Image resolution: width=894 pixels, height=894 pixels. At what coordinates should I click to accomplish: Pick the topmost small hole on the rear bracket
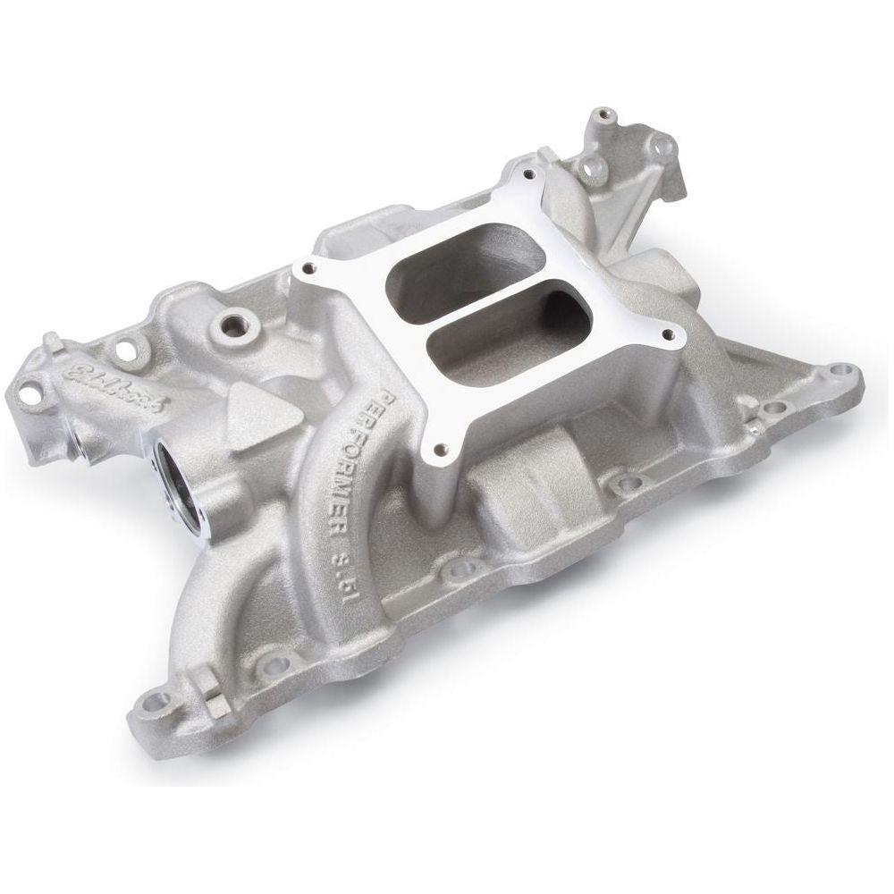610,114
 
